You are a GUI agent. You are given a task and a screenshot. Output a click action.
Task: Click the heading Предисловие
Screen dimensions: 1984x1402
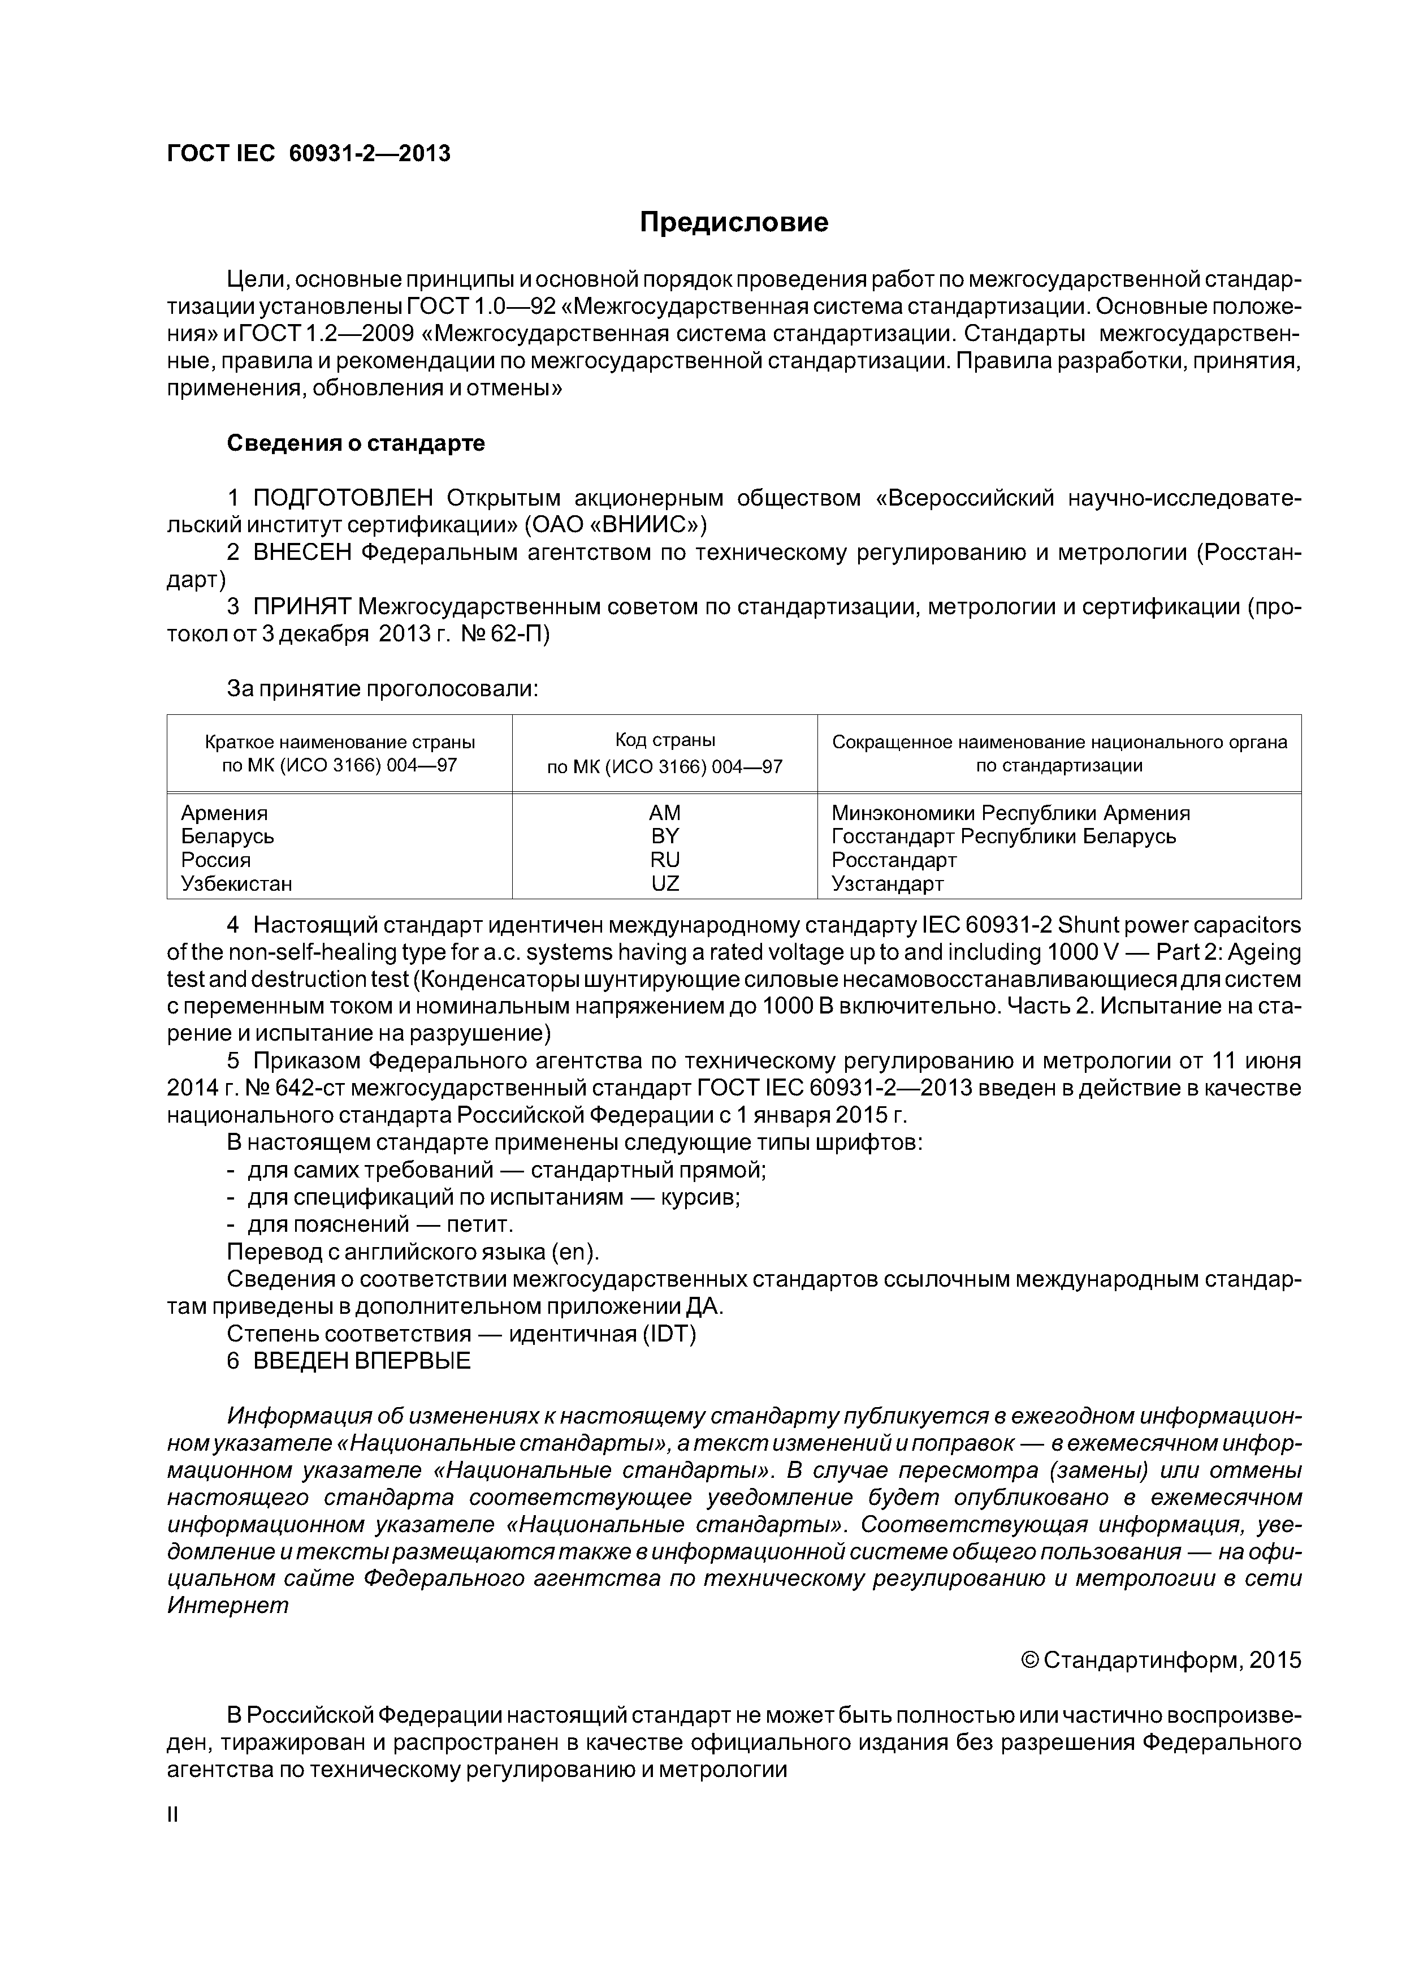pos(733,223)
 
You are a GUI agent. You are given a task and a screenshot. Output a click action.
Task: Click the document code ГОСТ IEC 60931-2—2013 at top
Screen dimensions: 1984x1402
pos(309,154)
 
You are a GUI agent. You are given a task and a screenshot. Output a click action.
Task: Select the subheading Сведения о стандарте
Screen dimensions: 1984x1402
pos(355,443)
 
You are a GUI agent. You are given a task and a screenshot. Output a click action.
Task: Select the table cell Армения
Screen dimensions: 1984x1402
pos(224,813)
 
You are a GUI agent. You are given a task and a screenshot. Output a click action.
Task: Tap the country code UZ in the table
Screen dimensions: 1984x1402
pos(664,883)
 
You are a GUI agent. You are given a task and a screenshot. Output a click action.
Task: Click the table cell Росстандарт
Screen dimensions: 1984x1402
pos(894,860)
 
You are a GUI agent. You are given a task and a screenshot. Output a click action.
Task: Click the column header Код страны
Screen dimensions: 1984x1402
pos(664,740)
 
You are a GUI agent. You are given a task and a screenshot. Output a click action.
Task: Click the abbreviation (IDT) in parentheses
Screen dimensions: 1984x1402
pos(669,1334)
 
